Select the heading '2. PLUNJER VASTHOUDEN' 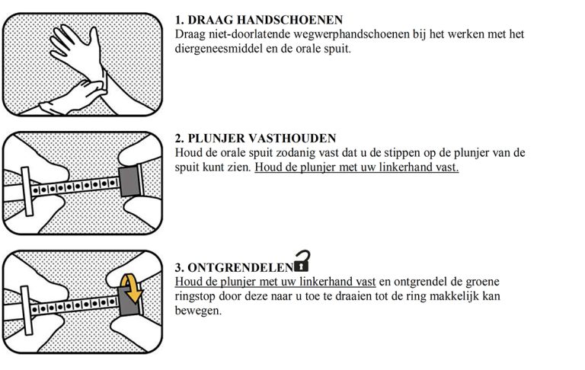255,138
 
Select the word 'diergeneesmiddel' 215,48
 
